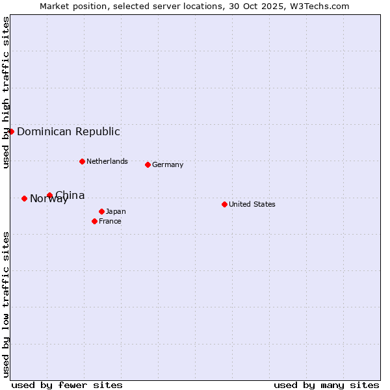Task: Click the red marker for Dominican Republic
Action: click(11, 131)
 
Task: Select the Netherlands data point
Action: click(82, 161)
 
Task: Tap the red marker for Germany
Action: click(148, 164)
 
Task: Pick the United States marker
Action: click(224, 204)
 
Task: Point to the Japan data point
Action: click(101, 211)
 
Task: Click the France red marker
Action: click(94, 221)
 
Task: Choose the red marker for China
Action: click(49, 195)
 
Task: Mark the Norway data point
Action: click(24, 198)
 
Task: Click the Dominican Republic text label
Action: click(68, 131)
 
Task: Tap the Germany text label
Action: click(168, 164)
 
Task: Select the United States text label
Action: click(252, 204)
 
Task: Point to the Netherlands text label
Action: click(107, 161)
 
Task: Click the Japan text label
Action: click(116, 211)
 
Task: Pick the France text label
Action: click(110, 221)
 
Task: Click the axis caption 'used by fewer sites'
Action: click(67, 385)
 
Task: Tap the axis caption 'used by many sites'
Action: click(326, 385)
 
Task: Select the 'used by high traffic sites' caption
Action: click(6, 92)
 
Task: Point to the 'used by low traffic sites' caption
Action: click(6, 304)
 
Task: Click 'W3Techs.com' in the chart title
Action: click(322, 6)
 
